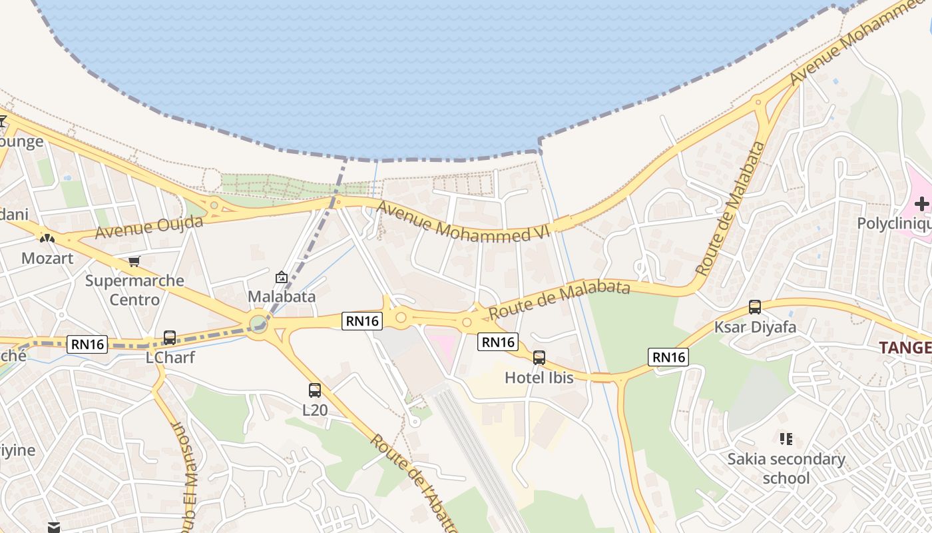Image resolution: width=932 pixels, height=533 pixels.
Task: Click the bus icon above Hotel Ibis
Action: (539, 358)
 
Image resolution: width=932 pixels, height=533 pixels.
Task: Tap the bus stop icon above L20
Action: (315, 390)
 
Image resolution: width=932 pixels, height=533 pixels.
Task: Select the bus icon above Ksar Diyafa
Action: (755, 307)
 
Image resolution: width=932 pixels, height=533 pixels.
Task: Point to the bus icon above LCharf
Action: (170, 338)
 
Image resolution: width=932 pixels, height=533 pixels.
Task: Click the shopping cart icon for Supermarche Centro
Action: (134, 261)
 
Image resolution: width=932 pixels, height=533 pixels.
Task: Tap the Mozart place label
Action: (47, 258)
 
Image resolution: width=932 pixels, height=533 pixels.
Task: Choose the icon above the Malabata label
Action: (282, 277)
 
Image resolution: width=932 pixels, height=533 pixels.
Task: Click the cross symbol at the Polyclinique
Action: (921, 204)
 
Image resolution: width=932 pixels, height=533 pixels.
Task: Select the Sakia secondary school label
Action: (786, 468)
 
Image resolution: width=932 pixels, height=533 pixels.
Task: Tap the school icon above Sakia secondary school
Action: (786, 439)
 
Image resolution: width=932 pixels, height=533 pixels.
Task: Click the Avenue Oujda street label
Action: (148, 227)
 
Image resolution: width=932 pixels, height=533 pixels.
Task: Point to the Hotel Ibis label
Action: (539, 378)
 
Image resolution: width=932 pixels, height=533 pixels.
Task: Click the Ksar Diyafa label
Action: (755, 327)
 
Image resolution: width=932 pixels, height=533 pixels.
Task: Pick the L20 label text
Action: (315, 410)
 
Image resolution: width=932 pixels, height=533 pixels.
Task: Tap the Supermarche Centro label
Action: (134, 290)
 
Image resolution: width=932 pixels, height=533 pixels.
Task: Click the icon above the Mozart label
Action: (47, 237)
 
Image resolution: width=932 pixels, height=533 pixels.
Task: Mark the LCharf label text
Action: (170, 358)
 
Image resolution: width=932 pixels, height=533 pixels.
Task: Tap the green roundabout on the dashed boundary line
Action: (258, 324)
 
